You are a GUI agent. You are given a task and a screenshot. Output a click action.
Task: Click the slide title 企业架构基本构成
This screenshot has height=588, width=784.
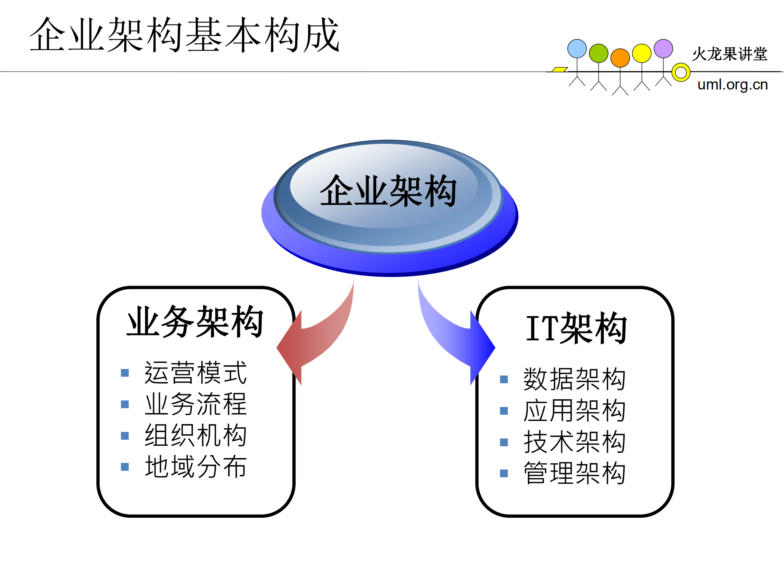(x=185, y=35)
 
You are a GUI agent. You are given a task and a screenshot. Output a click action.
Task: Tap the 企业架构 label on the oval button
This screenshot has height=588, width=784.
(x=388, y=191)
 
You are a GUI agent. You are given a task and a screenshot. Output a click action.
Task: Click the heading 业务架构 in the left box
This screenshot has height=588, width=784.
(x=195, y=322)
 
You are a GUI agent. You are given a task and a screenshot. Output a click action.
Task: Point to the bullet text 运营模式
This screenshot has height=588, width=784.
(x=196, y=373)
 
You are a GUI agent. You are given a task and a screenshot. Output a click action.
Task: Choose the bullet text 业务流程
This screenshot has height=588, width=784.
(x=196, y=404)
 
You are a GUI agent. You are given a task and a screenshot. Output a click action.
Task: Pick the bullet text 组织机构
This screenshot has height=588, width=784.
(x=196, y=435)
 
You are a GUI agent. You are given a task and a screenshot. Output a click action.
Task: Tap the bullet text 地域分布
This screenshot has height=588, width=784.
(x=196, y=467)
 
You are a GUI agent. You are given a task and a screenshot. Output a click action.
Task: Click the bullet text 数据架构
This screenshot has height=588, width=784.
(x=574, y=379)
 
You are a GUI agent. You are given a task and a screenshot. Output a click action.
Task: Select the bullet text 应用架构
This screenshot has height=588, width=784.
(x=574, y=411)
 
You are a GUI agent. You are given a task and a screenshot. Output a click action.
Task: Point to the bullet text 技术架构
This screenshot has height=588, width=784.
(x=574, y=442)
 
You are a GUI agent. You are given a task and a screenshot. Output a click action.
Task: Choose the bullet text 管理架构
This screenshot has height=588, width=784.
(x=574, y=473)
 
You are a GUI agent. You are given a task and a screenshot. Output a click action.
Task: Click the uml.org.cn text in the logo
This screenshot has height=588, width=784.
(x=733, y=85)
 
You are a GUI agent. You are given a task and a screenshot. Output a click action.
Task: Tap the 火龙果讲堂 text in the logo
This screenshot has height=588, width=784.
(x=730, y=54)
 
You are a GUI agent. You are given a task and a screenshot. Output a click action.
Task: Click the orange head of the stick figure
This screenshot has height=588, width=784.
(x=620, y=58)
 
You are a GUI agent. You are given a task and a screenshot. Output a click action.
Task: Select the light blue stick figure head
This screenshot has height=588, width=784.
(x=577, y=49)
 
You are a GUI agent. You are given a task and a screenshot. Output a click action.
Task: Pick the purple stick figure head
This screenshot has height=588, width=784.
(x=663, y=49)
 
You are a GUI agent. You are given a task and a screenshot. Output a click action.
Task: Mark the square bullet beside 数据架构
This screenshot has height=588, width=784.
(x=504, y=380)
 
